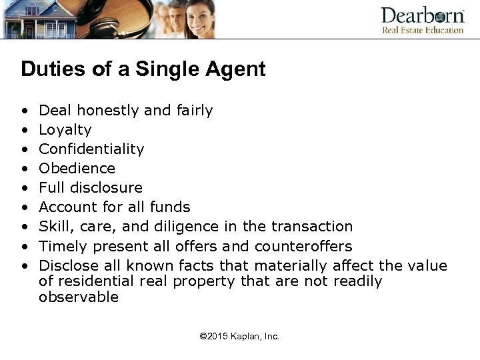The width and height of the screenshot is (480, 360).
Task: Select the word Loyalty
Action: pos(65,130)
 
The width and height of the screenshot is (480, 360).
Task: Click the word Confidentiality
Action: pos(91,149)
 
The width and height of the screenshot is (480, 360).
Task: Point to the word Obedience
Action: pos(77,168)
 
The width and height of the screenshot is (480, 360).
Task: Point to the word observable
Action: pos(79,297)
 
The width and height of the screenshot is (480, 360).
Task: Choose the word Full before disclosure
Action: pos(51,187)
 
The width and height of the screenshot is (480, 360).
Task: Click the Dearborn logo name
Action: pos(423,15)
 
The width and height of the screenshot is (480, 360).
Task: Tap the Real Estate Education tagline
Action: pos(423,30)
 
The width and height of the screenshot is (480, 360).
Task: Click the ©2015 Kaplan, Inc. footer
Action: pos(239,337)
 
